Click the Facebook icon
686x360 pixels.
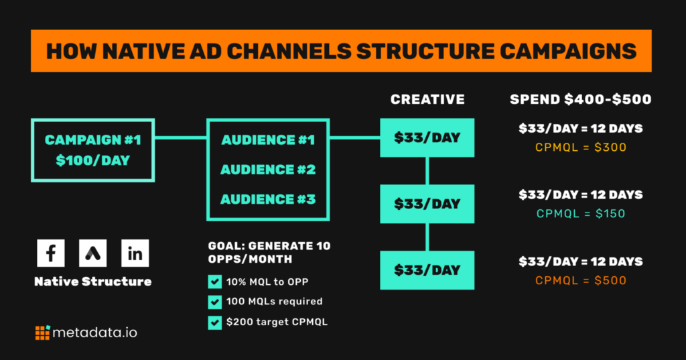pyautogui.click(x=51, y=253)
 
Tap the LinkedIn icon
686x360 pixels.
pyautogui.click(x=135, y=253)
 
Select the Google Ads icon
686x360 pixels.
pyautogui.click(x=92, y=253)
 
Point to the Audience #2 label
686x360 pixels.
pyautogui.click(x=268, y=170)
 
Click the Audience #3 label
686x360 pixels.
pyautogui.click(x=268, y=199)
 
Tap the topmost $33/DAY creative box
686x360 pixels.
pyautogui.click(x=427, y=137)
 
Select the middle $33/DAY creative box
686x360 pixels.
pyautogui.click(x=427, y=204)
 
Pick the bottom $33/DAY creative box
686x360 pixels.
pyautogui.click(x=427, y=270)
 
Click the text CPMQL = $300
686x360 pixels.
pyautogui.click(x=581, y=147)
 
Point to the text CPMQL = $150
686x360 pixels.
pyautogui.click(x=581, y=214)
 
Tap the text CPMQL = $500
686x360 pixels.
pyautogui.click(x=581, y=280)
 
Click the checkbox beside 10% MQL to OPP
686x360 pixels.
pyautogui.click(x=215, y=282)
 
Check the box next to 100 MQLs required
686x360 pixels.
pyautogui.click(x=215, y=302)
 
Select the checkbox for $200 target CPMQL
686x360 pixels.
pyautogui.click(x=215, y=322)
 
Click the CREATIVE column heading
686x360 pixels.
pyautogui.click(x=427, y=99)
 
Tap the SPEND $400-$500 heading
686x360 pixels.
pyautogui.click(x=581, y=99)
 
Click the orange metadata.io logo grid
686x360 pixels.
pyautogui.click(x=43, y=333)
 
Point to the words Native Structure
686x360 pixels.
pyautogui.click(x=92, y=281)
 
